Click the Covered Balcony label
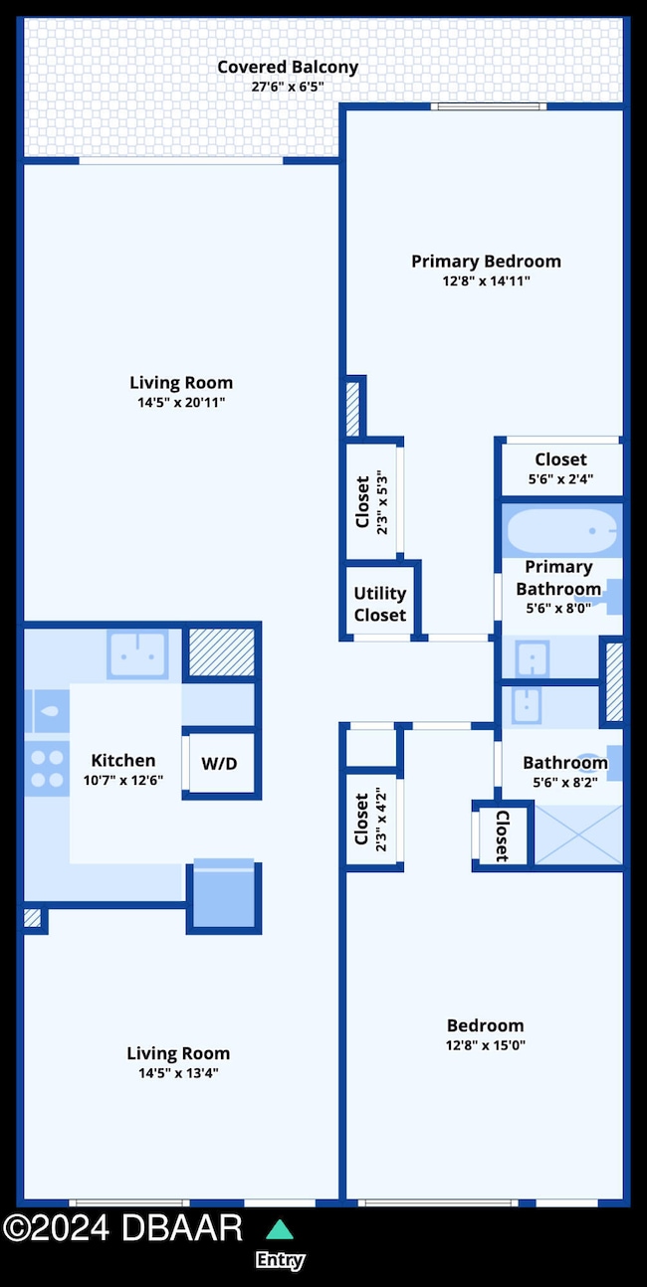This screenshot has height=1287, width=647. (287, 68)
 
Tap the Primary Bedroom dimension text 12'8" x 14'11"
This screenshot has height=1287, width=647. (486, 281)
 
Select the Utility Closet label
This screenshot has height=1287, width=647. (379, 604)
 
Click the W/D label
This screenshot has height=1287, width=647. (219, 764)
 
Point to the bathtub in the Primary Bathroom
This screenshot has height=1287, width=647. (562, 531)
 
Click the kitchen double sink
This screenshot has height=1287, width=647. (137, 653)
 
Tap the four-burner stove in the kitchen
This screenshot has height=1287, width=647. (45, 769)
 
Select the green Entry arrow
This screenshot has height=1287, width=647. (281, 1228)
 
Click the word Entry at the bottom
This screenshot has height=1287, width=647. (280, 1260)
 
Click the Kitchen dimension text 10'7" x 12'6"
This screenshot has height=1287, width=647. (123, 781)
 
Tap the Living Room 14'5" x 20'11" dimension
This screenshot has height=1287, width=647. (181, 403)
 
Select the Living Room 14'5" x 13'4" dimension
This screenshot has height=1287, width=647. (178, 1073)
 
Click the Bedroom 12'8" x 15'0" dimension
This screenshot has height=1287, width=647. (485, 1045)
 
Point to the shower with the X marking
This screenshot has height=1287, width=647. (577, 833)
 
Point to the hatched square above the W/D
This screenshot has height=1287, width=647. (220, 652)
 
